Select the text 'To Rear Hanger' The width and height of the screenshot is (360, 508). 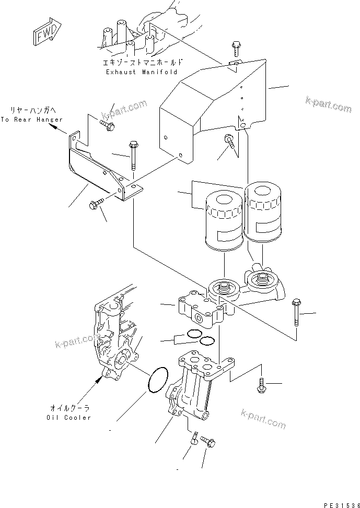[x=31, y=120]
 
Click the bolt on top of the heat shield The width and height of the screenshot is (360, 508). [x=234, y=49]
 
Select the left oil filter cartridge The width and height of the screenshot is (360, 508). [x=223, y=219]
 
